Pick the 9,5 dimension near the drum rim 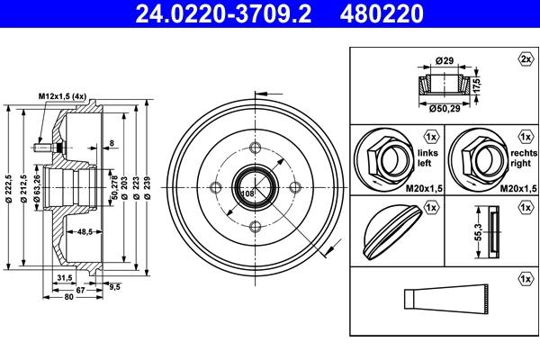pyautogui.click(x=114, y=286)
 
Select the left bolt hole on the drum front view pyautogui.click(x=216, y=188)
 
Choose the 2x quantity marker pyautogui.click(x=525, y=59)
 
